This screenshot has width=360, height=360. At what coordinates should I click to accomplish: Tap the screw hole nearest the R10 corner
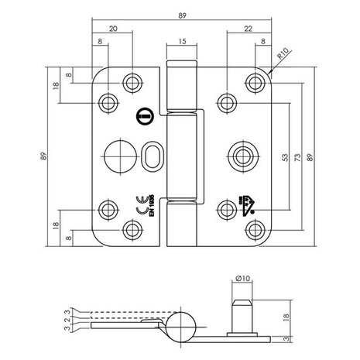(x=253, y=82)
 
